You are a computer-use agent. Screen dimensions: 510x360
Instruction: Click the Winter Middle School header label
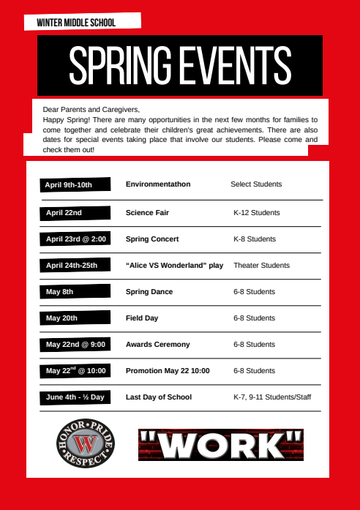pos(80,23)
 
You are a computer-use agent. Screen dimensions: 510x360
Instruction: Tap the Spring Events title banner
pos(180,66)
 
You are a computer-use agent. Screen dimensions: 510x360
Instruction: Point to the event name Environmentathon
pos(158,184)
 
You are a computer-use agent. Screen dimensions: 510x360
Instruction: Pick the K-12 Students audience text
pos(256,213)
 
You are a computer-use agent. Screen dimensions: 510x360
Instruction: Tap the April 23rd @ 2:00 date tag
pos(76,239)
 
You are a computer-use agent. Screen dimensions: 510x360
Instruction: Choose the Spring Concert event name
pos(152,239)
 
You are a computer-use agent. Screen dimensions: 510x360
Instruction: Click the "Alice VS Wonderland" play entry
pos(174,266)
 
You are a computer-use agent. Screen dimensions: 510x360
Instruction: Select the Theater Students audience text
pos(261,266)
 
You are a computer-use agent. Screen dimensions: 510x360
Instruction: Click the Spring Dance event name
pos(149,292)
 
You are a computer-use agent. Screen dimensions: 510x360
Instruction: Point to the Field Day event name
pos(142,318)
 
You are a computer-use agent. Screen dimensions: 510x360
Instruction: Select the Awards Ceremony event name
pos(157,345)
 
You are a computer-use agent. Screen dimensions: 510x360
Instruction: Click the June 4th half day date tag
pos(75,397)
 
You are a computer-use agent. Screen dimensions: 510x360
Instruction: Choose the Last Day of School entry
pos(159,397)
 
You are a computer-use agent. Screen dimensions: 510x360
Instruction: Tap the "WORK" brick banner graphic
pos(221,444)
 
